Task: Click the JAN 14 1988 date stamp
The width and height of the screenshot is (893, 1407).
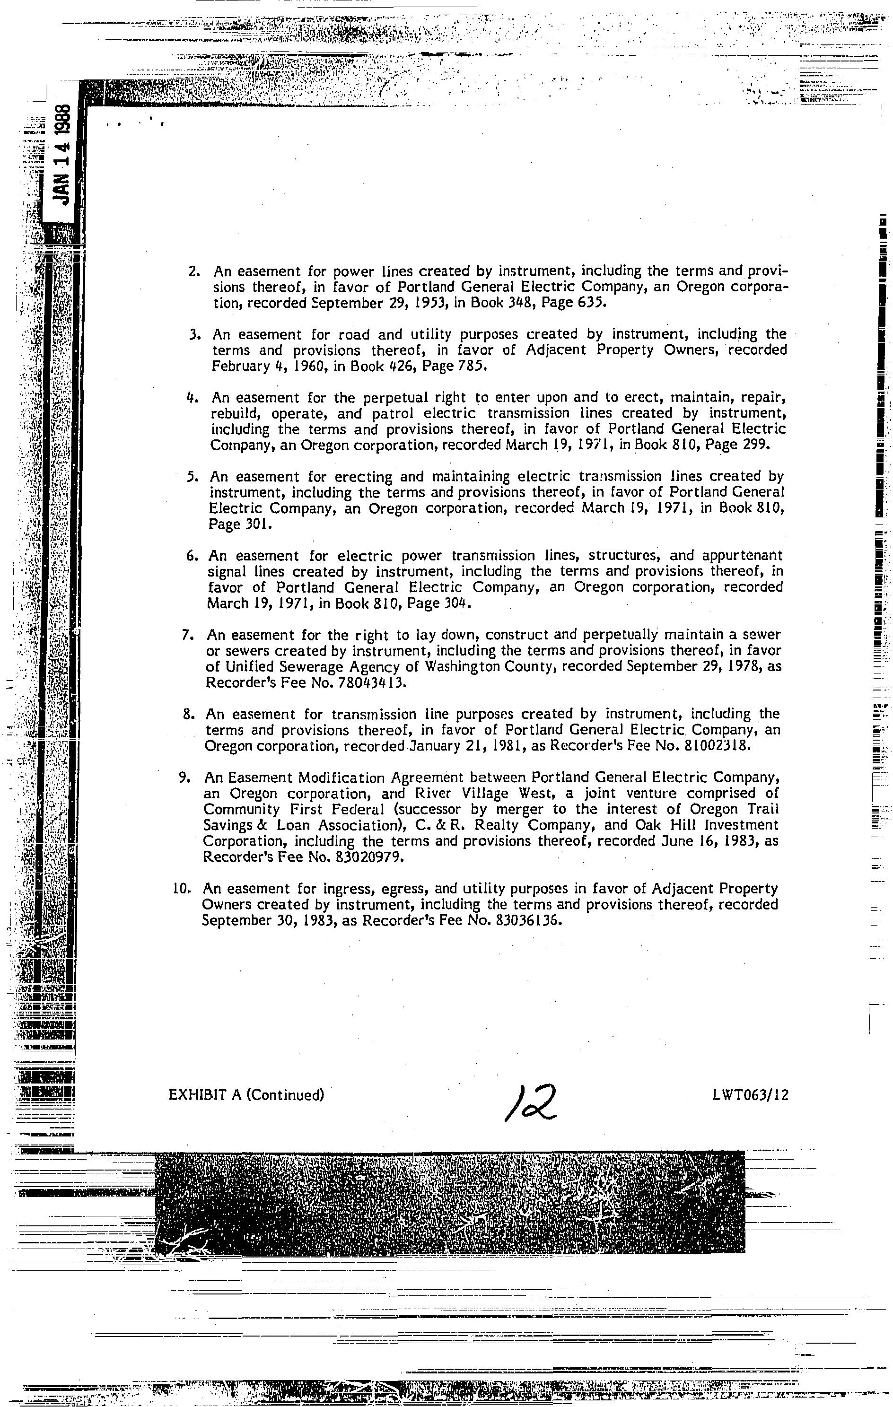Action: tap(61, 155)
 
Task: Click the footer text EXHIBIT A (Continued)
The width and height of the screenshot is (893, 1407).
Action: tap(246, 1094)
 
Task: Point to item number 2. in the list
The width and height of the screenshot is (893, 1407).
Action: tap(195, 271)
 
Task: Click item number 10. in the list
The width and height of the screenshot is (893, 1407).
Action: tap(183, 889)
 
